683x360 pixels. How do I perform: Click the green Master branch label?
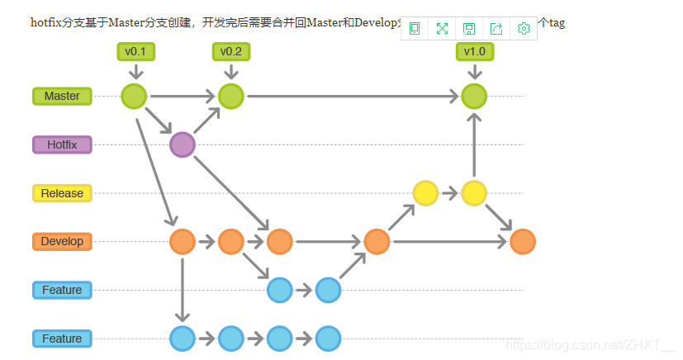click(x=62, y=97)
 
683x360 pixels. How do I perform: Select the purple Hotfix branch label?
click(x=62, y=145)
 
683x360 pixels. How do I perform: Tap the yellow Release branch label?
click(x=62, y=193)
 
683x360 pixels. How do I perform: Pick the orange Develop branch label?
click(x=62, y=242)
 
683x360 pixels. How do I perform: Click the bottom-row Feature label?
click(x=62, y=339)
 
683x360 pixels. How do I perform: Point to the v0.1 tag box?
click(x=135, y=52)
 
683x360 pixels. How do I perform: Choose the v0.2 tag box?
click(x=231, y=52)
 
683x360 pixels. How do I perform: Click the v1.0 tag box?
click(x=474, y=52)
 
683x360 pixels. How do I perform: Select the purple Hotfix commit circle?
click(x=182, y=145)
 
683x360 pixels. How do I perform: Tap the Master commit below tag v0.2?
click(x=231, y=97)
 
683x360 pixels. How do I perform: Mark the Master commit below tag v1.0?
click(x=474, y=97)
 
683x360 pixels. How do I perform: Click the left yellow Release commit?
click(x=425, y=193)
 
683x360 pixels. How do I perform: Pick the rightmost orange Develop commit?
click(x=523, y=242)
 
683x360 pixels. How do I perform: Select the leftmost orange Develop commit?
click(x=182, y=242)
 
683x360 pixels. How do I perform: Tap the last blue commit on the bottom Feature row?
click(x=328, y=339)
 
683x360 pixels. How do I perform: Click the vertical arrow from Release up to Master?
click(x=474, y=145)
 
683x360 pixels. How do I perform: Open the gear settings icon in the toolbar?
click(x=524, y=29)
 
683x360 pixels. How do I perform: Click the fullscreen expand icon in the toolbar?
click(x=442, y=29)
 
